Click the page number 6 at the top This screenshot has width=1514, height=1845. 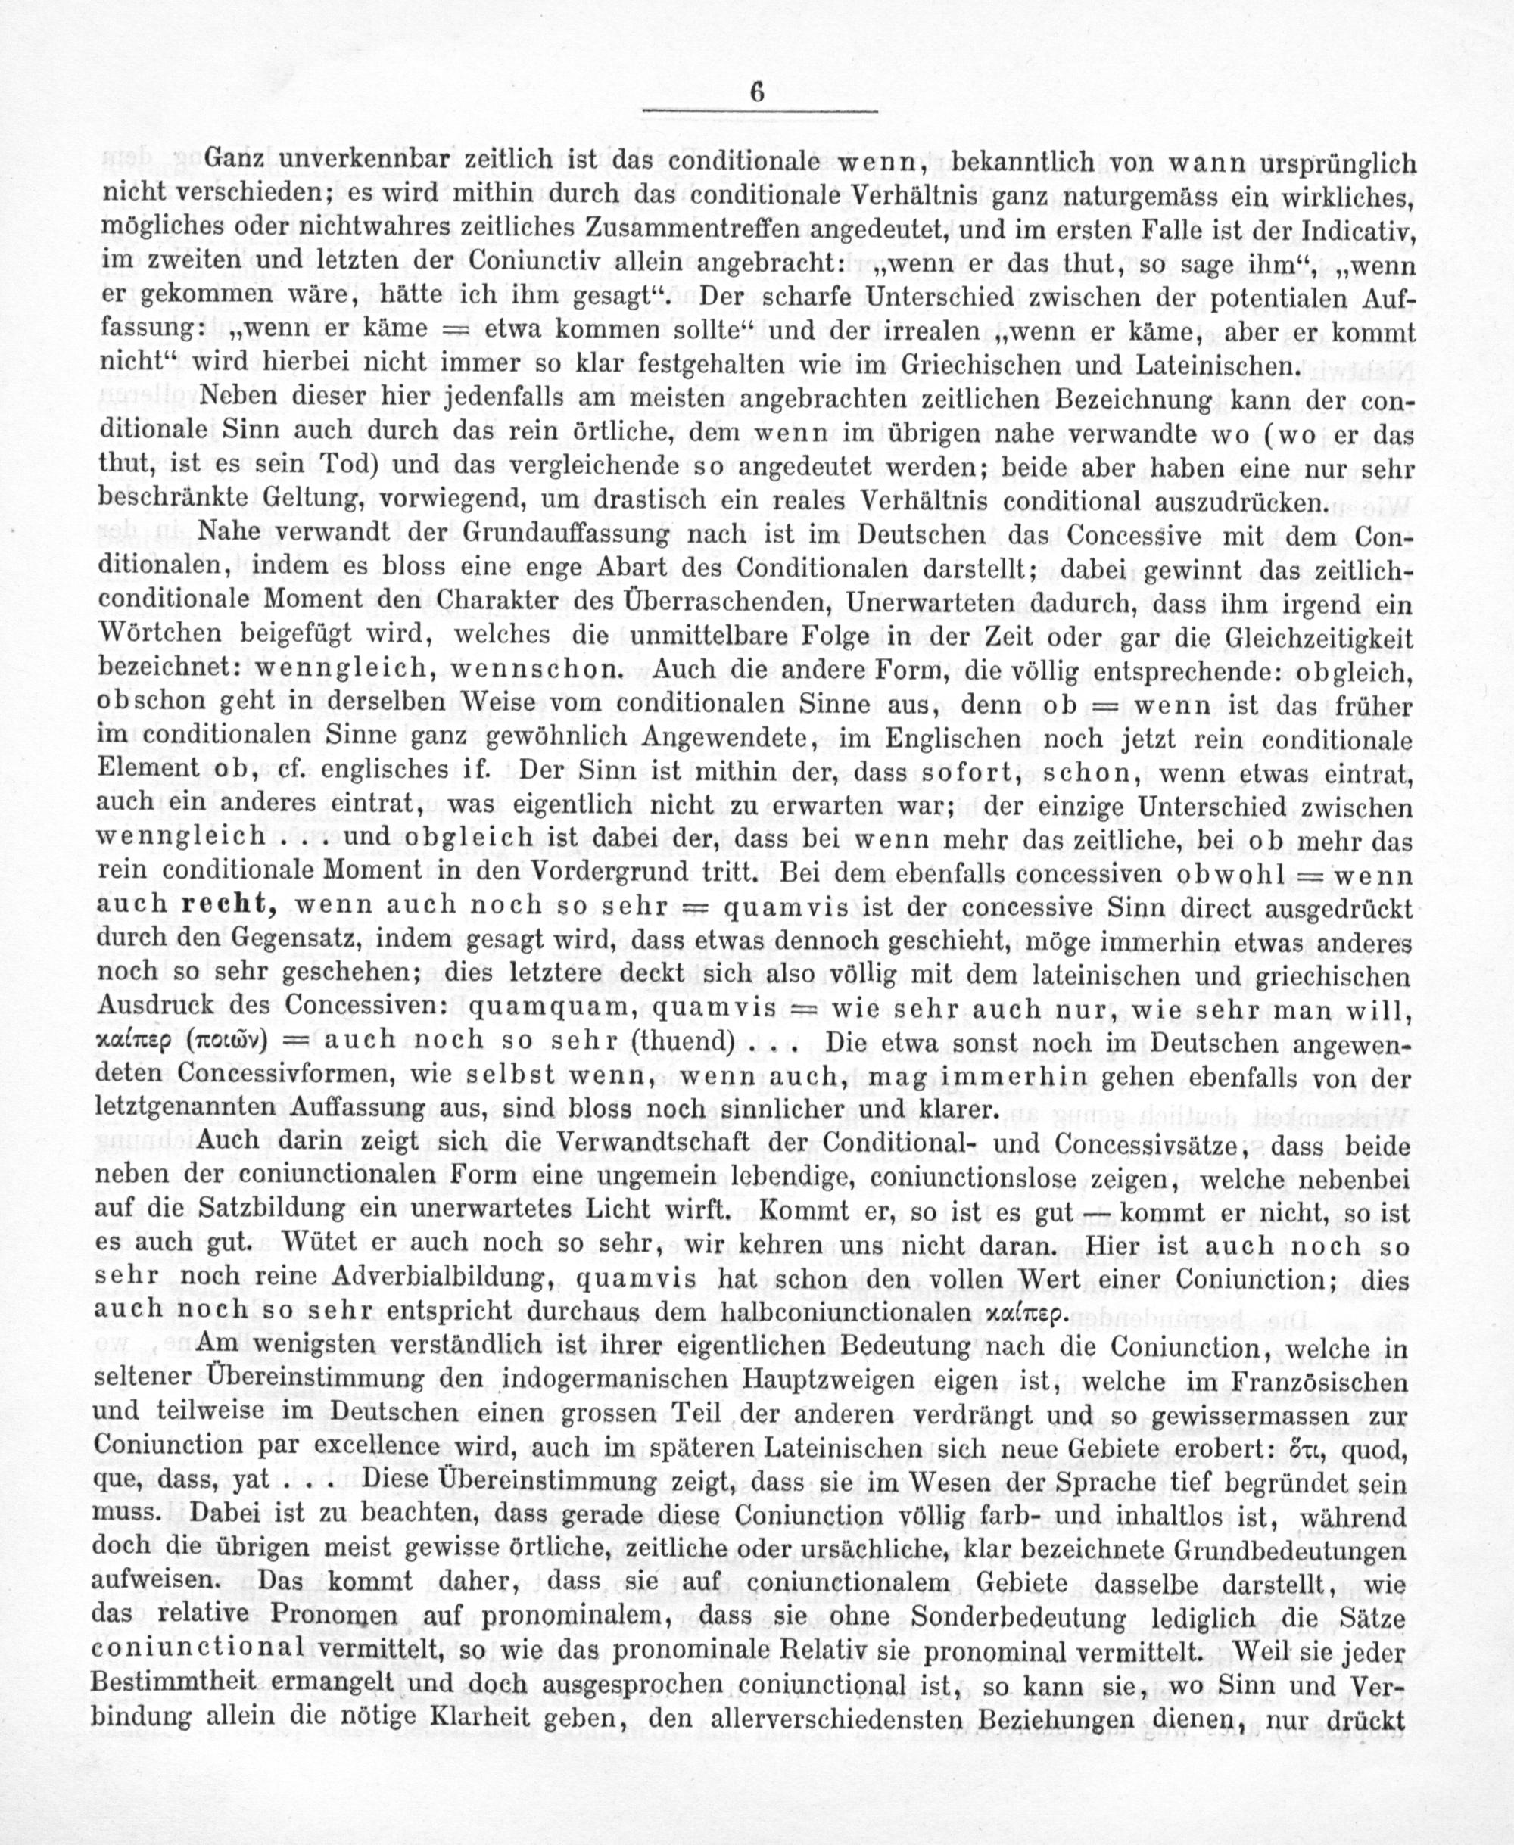click(756, 92)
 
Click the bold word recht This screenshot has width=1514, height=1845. click(227, 904)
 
